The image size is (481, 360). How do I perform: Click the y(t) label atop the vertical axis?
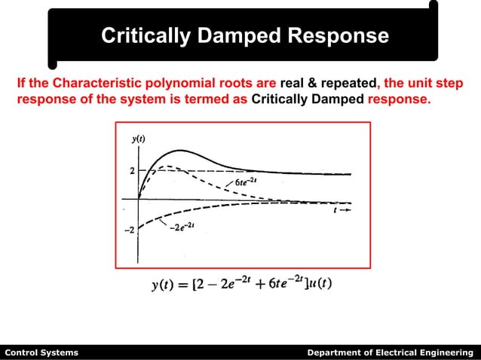tap(137, 138)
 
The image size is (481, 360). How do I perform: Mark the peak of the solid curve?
tap(179, 151)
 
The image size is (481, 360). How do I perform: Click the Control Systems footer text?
tap(41, 352)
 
